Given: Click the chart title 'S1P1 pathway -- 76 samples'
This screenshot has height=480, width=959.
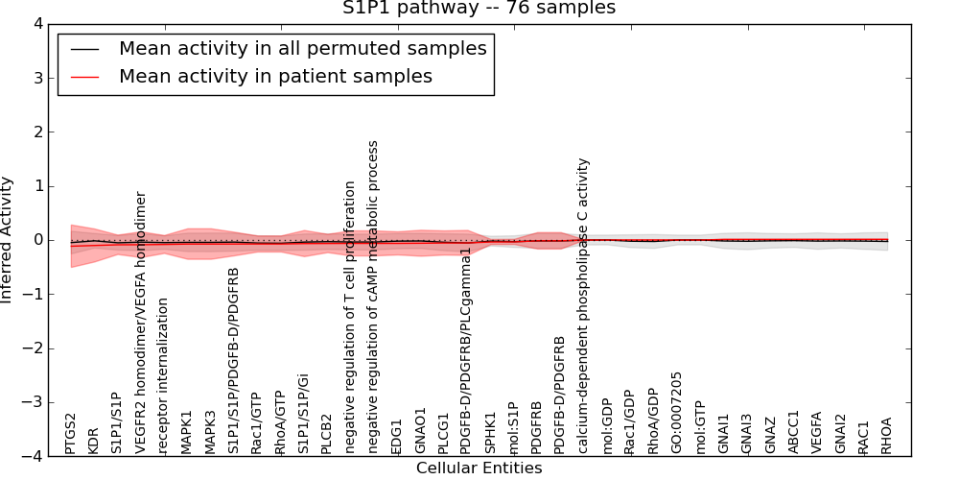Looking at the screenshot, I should click(479, 9).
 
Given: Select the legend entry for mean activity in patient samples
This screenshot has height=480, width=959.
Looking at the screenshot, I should click(275, 76).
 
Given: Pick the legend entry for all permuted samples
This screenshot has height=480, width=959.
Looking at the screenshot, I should click(302, 48).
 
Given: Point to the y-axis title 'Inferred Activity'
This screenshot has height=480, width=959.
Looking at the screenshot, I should click(8, 240).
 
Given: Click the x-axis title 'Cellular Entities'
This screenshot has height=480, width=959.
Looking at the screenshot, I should click(479, 468).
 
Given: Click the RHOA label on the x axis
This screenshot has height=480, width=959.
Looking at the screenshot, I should click(886, 435).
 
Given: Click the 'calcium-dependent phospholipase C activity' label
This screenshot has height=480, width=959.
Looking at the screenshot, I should click(583, 305).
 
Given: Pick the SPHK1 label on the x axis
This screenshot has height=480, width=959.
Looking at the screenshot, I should click(490, 433).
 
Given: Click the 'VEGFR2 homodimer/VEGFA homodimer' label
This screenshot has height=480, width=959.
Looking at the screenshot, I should click(141, 322).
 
